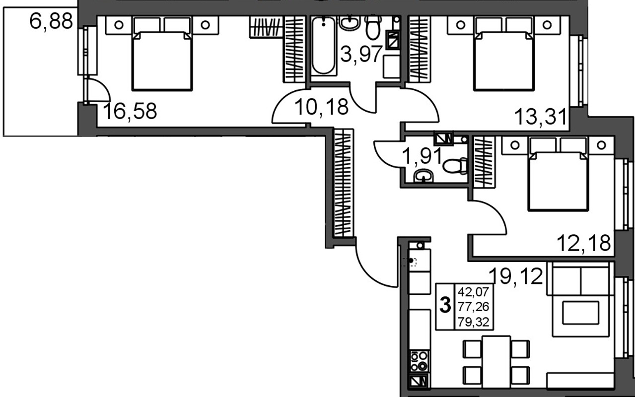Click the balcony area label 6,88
coord(51,22)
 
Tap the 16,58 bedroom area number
coord(130,111)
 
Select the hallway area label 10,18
coord(322,106)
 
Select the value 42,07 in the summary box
coord(474,292)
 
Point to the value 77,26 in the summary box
coord(474,307)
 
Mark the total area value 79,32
coord(474,323)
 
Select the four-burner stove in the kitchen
coord(420,360)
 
